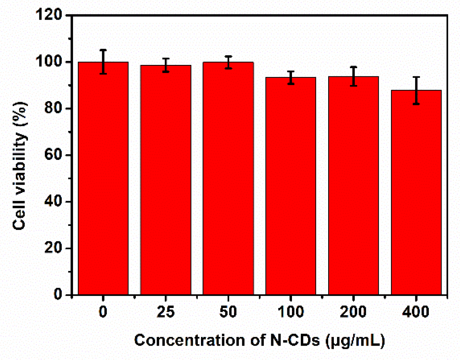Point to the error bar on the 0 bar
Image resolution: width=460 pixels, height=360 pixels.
click(x=103, y=62)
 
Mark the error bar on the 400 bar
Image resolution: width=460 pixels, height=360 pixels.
click(x=416, y=90)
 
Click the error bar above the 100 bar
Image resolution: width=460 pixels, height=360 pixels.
click(x=291, y=77)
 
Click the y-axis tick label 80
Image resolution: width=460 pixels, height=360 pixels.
click(x=56, y=109)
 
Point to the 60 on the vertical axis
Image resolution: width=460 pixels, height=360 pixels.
click(x=56, y=155)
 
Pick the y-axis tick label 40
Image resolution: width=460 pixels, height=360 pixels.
click(x=56, y=202)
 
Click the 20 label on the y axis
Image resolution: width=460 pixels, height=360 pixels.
click(x=56, y=248)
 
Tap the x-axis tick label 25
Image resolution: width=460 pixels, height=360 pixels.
click(x=166, y=312)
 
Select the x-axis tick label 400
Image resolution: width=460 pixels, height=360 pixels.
click(x=416, y=312)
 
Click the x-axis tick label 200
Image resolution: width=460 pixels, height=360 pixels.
click(x=353, y=312)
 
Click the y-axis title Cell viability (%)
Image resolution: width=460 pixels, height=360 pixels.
click(x=20, y=165)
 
